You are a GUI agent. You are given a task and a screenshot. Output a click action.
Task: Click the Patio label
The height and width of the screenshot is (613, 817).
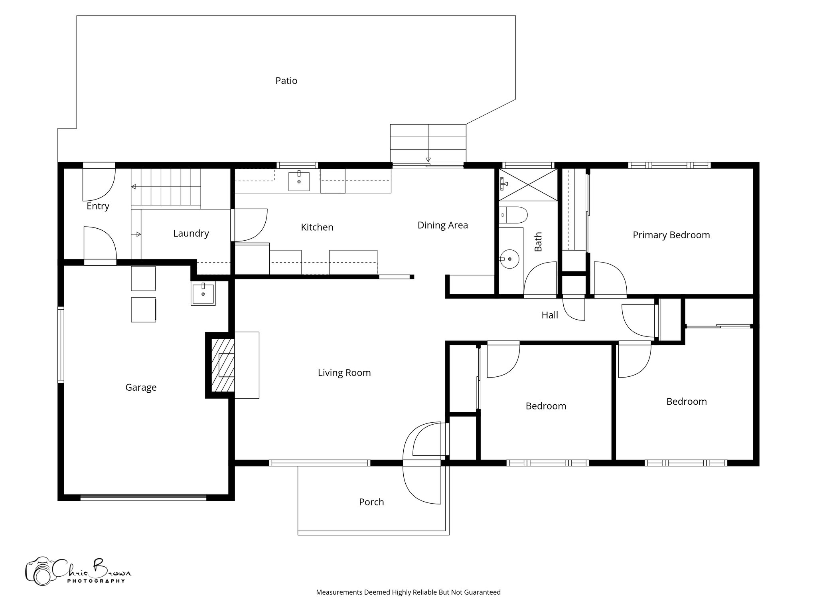286,81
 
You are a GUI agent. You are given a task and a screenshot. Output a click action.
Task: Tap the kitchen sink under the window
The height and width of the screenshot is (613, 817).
299,181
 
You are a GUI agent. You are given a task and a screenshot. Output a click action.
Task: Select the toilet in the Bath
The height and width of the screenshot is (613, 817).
513,214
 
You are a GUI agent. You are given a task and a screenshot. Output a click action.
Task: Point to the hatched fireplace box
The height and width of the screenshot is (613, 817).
223,365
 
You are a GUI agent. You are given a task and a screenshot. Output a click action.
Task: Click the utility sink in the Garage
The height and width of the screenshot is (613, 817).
203,294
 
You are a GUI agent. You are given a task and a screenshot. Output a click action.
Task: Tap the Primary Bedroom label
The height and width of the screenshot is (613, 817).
671,235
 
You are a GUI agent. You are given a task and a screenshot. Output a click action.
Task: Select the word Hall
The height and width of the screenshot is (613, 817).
549,315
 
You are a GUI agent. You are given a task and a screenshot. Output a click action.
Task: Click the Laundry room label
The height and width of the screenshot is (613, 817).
191,233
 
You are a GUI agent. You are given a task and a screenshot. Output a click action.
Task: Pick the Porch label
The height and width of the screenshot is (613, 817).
371,502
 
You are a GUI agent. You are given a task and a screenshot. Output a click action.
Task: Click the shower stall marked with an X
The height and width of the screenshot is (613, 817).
528,185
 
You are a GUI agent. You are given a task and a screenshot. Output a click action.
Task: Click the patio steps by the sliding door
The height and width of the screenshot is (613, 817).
428,142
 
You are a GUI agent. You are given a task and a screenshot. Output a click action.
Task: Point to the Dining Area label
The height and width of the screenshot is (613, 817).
442,225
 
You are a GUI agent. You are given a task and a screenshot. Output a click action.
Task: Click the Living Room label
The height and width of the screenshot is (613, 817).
344,372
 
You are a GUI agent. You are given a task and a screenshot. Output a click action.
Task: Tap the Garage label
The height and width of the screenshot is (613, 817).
141,387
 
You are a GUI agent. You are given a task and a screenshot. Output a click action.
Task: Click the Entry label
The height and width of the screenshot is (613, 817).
98,206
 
